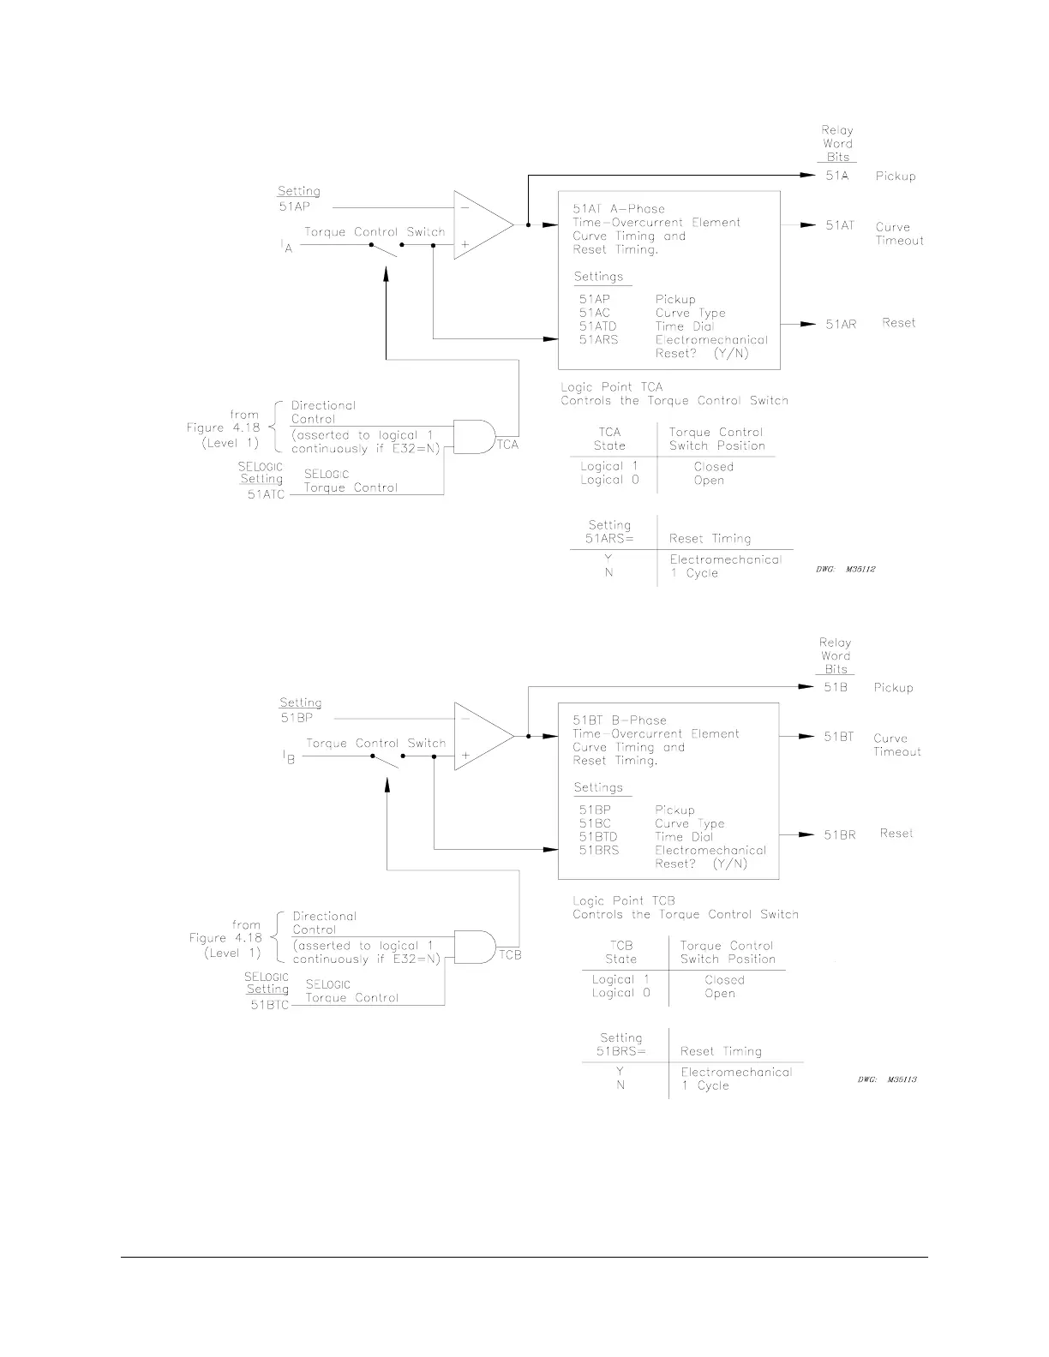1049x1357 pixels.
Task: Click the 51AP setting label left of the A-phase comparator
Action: click(x=294, y=206)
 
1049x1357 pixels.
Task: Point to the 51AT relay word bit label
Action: click(x=840, y=225)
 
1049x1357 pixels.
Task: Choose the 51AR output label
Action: click(x=840, y=324)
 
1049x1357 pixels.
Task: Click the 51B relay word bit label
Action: click(x=836, y=687)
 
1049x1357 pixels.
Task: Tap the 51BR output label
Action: click(x=839, y=834)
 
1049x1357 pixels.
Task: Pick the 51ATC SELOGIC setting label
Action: click(x=266, y=495)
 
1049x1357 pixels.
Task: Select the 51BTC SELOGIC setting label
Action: click(x=269, y=1006)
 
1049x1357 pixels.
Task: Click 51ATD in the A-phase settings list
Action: click(x=597, y=326)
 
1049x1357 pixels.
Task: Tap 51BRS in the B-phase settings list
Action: click(x=598, y=851)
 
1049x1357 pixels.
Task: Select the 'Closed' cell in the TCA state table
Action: click(x=713, y=467)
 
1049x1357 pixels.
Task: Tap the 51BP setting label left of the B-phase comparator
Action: click(x=296, y=718)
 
